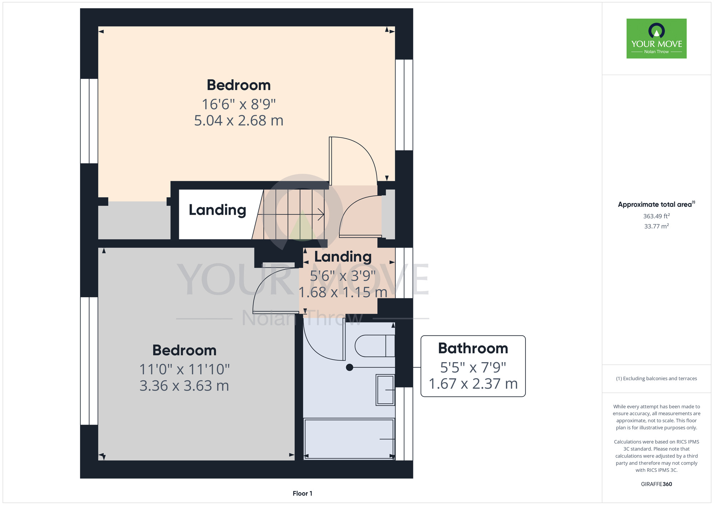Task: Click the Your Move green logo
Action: click(x=656, y=39)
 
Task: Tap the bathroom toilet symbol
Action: click(x=375, y=346)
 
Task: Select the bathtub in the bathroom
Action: click(x=349, y=439)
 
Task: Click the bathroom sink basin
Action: click(x=385, y=390)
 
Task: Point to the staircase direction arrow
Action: click(x=291, y=214)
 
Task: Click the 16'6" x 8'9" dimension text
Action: click(x=239, y=104)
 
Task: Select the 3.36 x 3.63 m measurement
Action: click(x=184, y=386)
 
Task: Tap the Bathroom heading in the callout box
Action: click(x=473, y=348)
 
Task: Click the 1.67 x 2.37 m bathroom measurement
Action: click(x=473, y=384)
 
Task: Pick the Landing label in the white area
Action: click(x=217, y=210)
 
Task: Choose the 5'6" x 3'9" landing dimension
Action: click(x=343, y=276)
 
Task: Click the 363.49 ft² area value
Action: click(x=656, y=216)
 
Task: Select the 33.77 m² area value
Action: click(x=656, y=226)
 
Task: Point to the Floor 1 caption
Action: click(x=302, y=493)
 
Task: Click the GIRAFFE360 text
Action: click(x=656, y=484)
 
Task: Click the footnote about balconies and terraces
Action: click(x=656, y=379)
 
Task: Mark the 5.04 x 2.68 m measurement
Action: click(x=239, y=121)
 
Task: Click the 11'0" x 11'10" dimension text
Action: click(x=184, y=369)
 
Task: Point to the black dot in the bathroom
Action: click(x=350, y=367)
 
